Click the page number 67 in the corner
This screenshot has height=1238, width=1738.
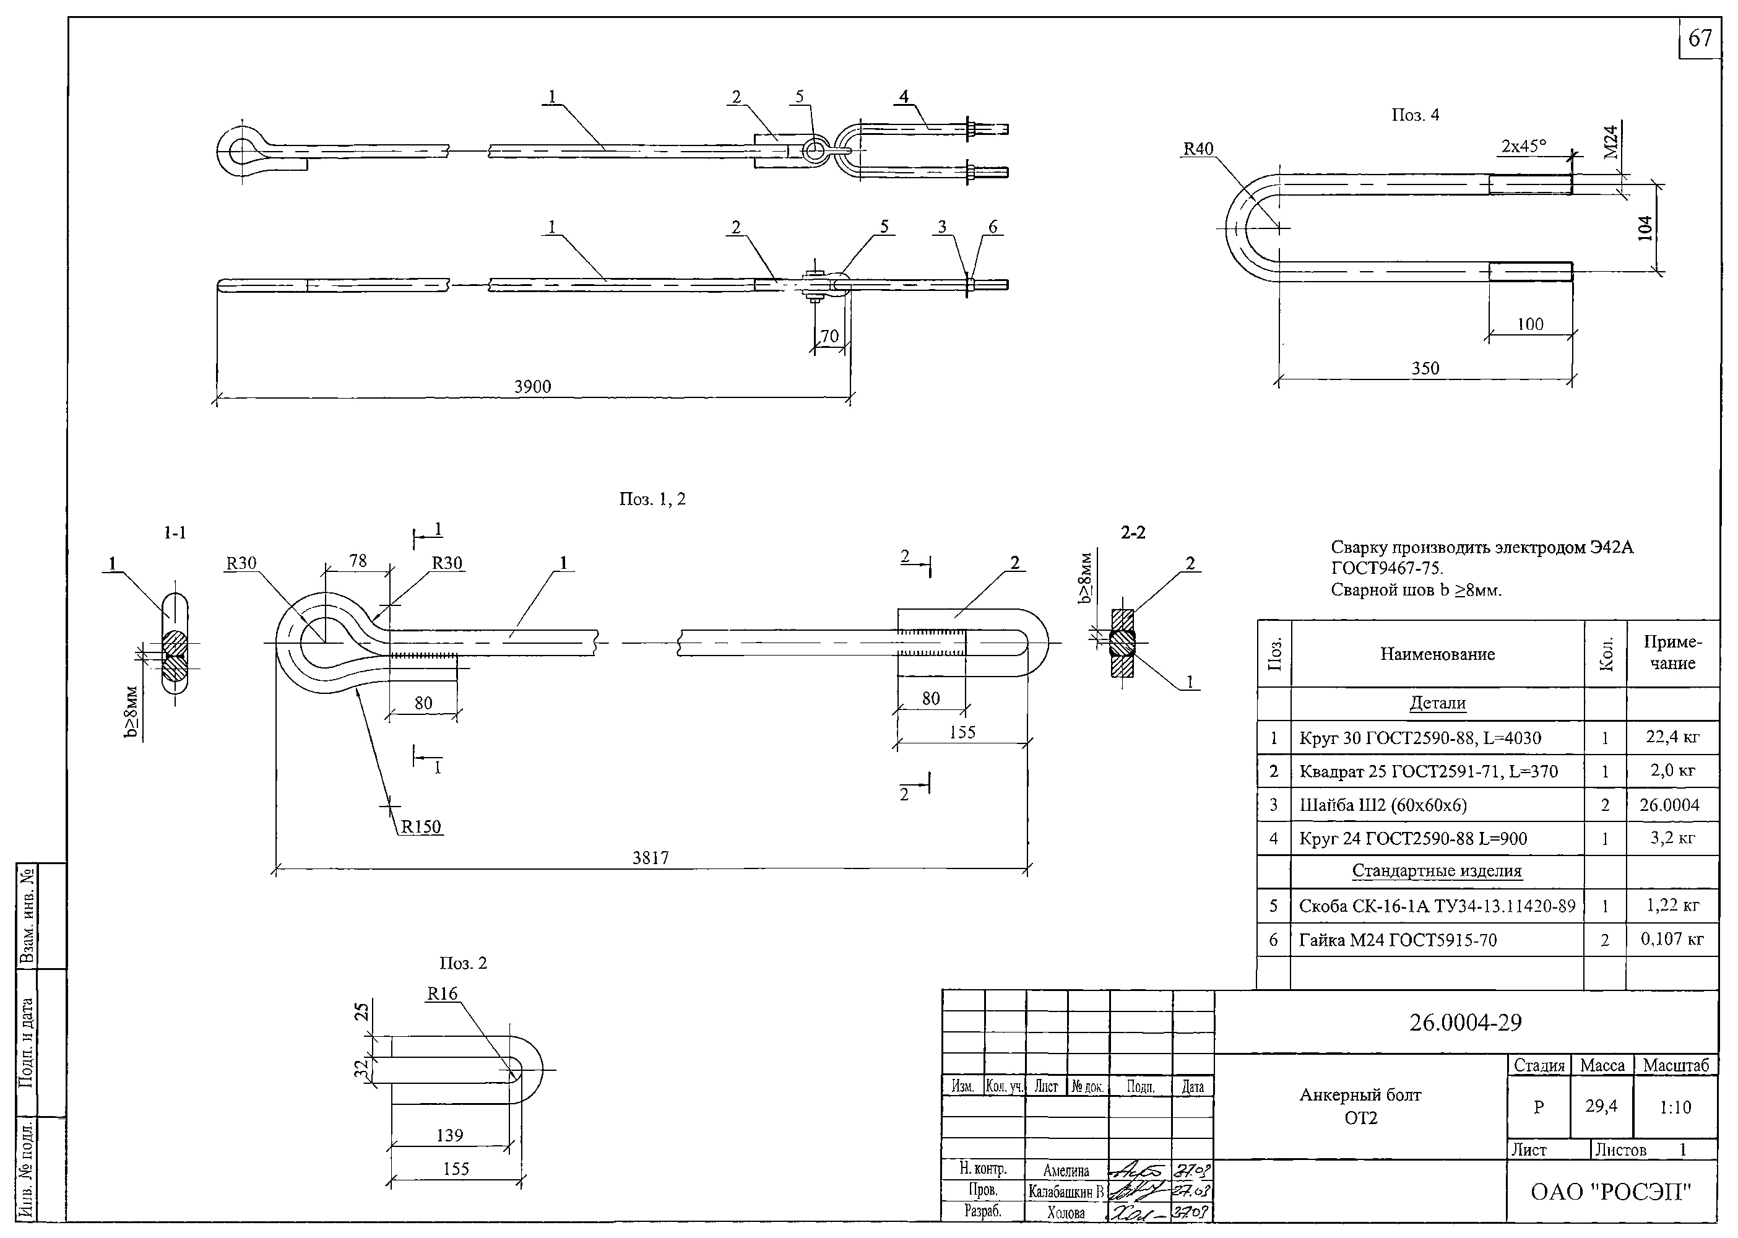pos(1699,38)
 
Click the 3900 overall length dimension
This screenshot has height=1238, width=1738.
pos(532,386)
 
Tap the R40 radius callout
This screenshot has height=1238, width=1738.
pos(1198,149)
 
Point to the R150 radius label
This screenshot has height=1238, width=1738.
pos(421,827)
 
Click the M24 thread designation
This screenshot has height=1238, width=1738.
pos(1610,142)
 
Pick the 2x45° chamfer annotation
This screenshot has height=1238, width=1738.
pos(1524,146)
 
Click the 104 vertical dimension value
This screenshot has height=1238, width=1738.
pos(1645,228)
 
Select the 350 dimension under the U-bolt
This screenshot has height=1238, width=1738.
pos(1425,369)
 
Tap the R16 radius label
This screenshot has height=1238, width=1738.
pos(442,993)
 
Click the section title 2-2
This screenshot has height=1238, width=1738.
pos(1133,533)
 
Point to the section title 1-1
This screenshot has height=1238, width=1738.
pos(175,533)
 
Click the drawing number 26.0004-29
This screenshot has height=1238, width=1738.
pos(1465,1022)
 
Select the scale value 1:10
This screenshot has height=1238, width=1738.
pos(1675,1107)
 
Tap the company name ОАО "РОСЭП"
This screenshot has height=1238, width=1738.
pos(1610,1192)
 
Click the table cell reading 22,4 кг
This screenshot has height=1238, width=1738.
pos(1672,737)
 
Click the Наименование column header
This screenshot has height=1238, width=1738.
pos(1437,654)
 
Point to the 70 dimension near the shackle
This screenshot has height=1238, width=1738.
pos(829,336)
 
